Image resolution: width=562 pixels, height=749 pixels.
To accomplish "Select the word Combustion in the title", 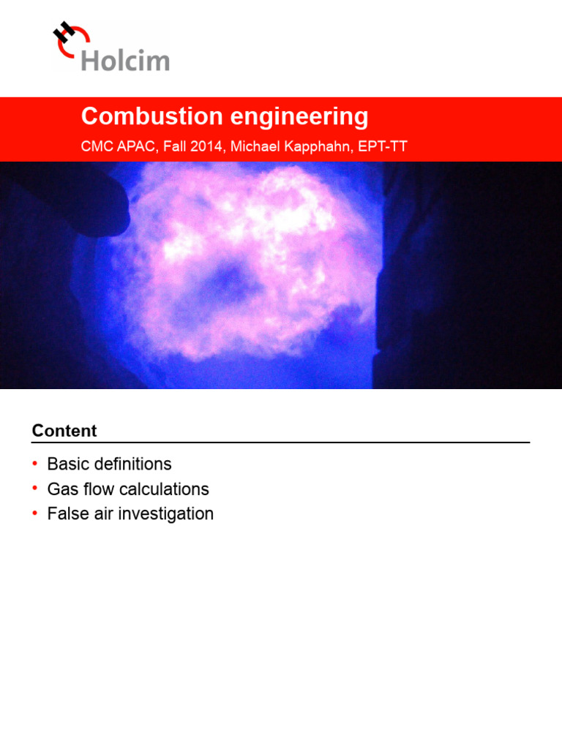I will point(140,116).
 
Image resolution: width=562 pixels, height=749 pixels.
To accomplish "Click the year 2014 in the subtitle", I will point(207,146).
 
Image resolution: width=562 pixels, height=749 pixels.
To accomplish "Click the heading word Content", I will point(64,431).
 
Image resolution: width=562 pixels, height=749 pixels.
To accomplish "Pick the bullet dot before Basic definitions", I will point(34,464).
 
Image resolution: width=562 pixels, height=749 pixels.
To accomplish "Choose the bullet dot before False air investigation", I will point(34,513).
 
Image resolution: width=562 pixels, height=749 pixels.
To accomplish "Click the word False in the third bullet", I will point(66,514).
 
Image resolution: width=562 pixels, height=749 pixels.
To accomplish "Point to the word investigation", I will point(168,514).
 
